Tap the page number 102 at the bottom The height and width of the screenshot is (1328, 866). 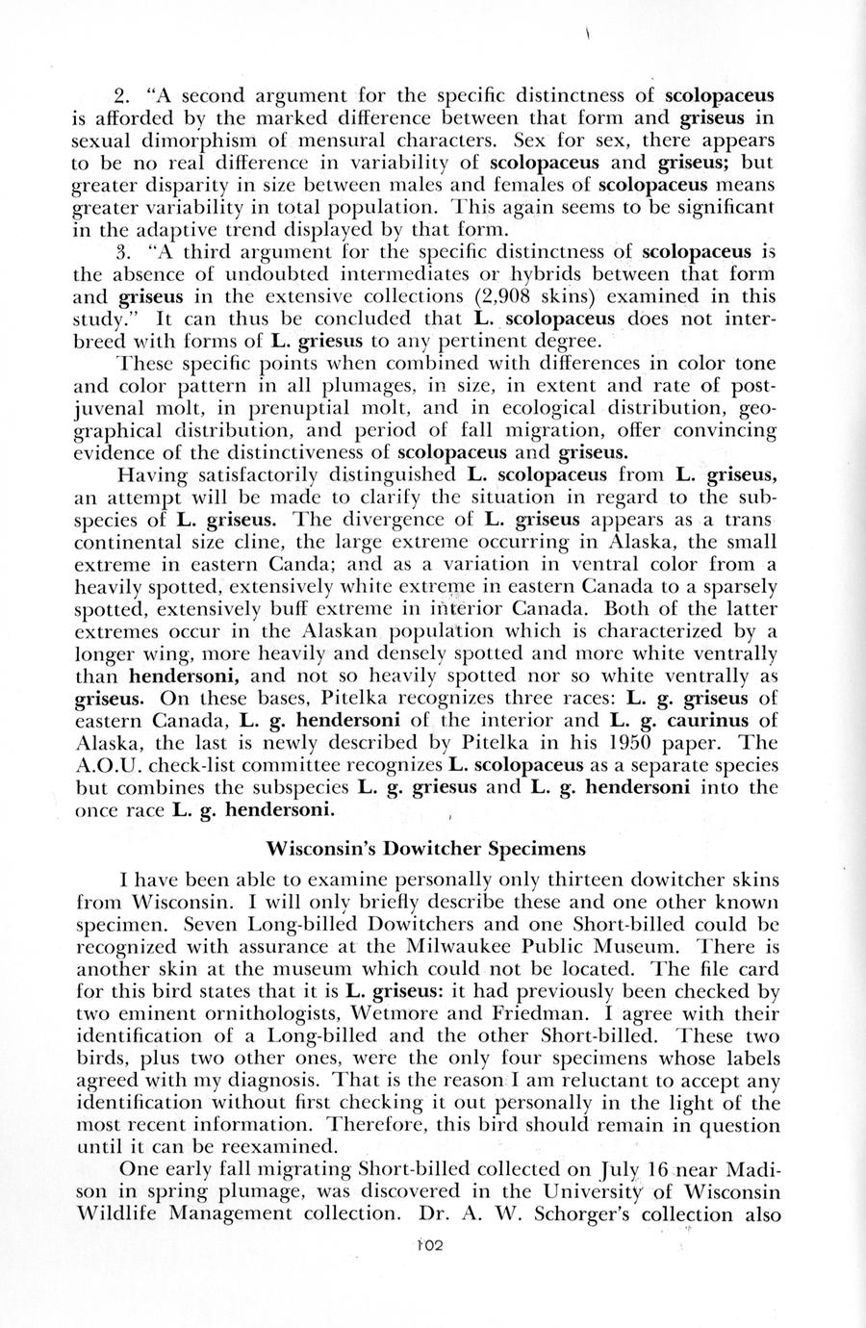coord(425,1244)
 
